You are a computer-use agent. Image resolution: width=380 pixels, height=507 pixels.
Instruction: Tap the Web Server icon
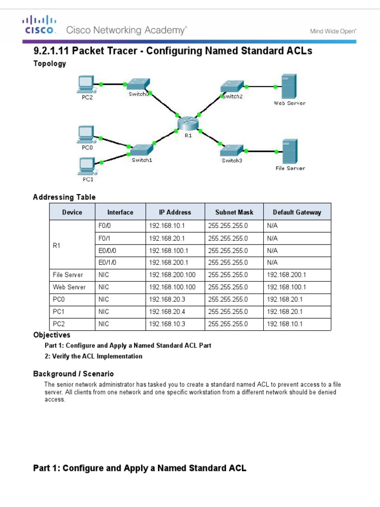coord(289,86)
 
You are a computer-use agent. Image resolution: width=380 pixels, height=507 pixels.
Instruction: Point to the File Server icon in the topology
coord(289,152)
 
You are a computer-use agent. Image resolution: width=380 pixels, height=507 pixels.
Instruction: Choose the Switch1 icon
coord(141,149)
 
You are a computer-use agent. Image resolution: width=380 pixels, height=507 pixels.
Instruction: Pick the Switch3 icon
coord(232,149)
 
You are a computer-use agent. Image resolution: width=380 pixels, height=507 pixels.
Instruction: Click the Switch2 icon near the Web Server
coord(232,86)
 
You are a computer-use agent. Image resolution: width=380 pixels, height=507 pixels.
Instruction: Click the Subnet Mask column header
coord(234,212)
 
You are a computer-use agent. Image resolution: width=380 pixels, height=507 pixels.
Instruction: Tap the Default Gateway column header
coord(297,212)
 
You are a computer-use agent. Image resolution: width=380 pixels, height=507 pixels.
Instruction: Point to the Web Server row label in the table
coord(69,287)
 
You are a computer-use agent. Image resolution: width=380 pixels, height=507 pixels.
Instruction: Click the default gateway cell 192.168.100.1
coord(286,287)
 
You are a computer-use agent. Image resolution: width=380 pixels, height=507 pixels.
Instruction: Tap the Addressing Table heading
coord(64,197)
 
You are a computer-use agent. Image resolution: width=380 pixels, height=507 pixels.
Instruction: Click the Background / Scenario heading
coord(73,374)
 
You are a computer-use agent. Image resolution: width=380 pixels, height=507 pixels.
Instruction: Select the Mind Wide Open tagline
coord(333,31)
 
